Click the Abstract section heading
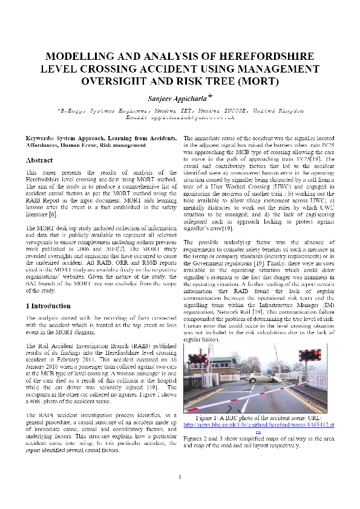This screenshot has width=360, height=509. tap(39, 160)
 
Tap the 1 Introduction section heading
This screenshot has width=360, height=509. tap(49, 306)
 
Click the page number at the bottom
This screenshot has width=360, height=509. tap(180, 478)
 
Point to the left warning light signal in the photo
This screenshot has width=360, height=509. tap(198, 360)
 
